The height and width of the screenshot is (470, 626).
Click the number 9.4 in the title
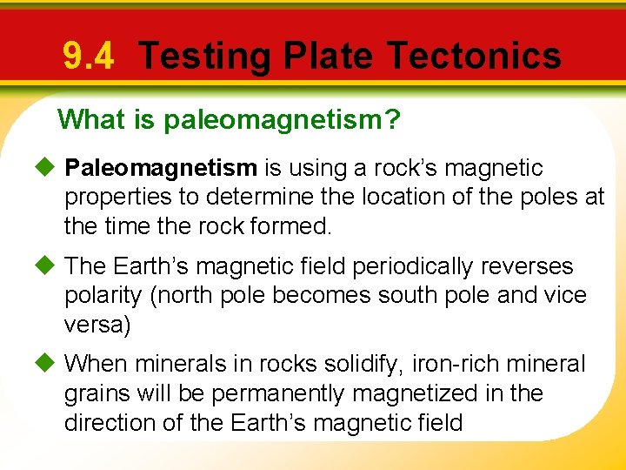click(88, 57)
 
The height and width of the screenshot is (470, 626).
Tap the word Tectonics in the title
click(474, 57)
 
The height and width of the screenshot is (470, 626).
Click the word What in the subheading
click(92, 118)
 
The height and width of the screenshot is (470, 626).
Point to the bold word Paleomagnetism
click(161, 167)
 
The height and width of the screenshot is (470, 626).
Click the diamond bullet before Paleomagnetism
click(48, 167)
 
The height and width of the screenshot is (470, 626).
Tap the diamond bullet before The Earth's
click(48, 265)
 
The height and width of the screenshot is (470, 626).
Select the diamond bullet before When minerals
click(48, 364)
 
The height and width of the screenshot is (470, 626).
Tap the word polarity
click(103, 295)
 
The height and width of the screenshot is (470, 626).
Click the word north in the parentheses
click(183, 295)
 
